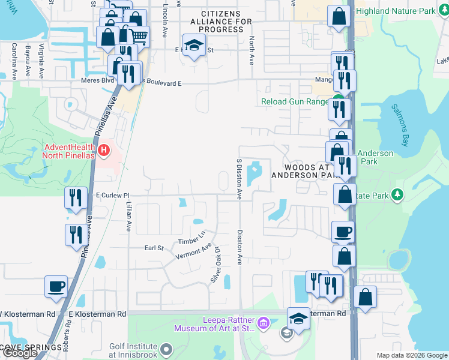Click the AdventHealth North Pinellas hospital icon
pyautogui.click(x=104, y=149)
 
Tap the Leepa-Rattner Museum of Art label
pyautogui.click(x=215, y=324)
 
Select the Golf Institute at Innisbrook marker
pyautogui.click(x=166, y=347)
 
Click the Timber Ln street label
pyautogui.click(x=191, y=238)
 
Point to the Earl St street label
pyautogui.click(x=154, y=248)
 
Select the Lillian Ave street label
pyautogui.click(x=128, y=217)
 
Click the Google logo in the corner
pyautogui.click(x=20, y=353)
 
